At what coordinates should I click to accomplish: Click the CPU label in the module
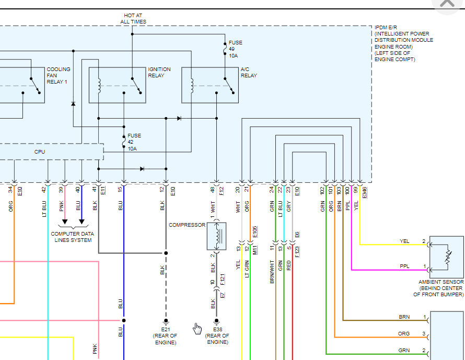click(x=40, y=152)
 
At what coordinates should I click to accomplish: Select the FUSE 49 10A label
click(x=235, y=49)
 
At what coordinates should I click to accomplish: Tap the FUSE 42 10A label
click(x=134, y=142)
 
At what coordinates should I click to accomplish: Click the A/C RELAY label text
click(x=249, y=72)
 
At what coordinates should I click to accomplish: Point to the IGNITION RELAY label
click(x=159, y=72)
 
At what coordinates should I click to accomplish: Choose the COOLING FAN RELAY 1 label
click(x=59, y=75)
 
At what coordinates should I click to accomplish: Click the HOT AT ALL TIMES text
click(x=133, y=19)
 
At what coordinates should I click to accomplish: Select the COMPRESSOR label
click(x=186, y=225)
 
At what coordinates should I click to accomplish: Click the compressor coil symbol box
click(x=216, y=236)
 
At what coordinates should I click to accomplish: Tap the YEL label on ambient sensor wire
click(x=404, y=241)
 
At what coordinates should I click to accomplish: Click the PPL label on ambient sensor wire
click(x=404, y=266)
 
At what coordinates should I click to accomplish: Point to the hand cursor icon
click(x=197, y=328)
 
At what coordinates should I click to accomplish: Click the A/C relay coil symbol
click(x=192, y=85)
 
